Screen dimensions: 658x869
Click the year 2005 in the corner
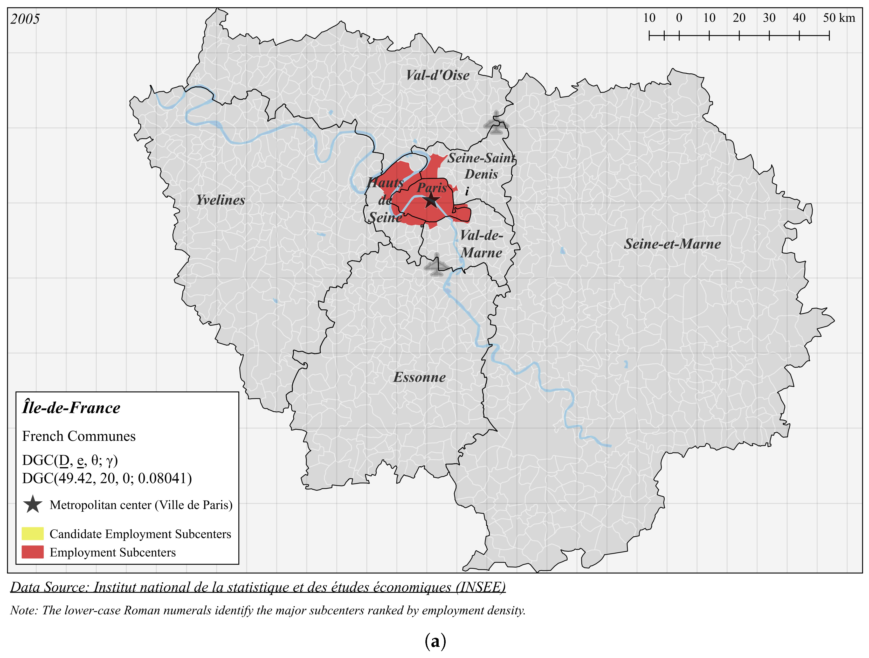25,19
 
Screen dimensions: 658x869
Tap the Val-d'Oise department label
437,75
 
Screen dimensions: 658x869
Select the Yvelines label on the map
220,200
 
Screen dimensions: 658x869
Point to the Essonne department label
419,377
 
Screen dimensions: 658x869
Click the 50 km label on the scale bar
839,18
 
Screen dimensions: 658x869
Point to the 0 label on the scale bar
679,18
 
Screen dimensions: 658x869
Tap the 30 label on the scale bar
769,18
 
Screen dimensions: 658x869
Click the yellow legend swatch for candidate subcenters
33,534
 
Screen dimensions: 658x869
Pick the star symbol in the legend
33,504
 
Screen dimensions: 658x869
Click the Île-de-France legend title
71,408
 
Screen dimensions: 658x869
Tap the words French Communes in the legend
79,436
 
